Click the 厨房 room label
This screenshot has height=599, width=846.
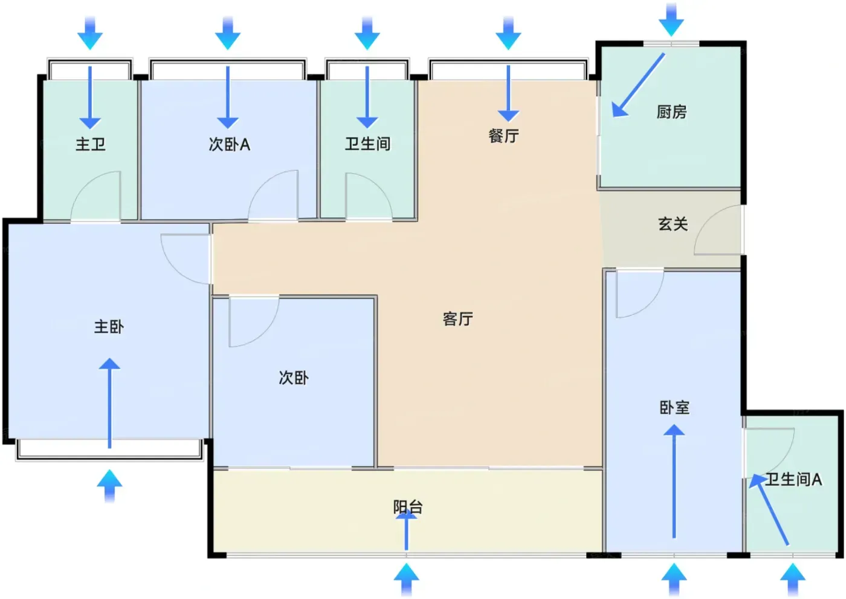coord(671,112)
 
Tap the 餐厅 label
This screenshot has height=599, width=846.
coord(504,136)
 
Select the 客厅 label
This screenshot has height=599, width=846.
coord(458,319)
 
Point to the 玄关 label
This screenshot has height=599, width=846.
coord(673,224)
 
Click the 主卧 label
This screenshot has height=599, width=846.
coord(109,326)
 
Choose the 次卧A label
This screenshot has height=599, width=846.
coord(229,144)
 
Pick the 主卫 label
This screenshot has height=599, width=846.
coord(90,144)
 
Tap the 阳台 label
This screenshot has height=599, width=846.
coord(408,507)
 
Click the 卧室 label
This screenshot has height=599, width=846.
coord(674,408)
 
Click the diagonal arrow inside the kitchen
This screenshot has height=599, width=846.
coord(638,85)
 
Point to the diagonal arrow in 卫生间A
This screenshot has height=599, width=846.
coord(769,509)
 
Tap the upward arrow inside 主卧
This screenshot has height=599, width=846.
coord(109,403)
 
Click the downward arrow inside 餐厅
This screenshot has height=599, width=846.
coord(508,93)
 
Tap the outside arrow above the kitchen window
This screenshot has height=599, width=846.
coord(671,19)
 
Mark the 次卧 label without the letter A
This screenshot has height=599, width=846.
coord(294,378)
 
